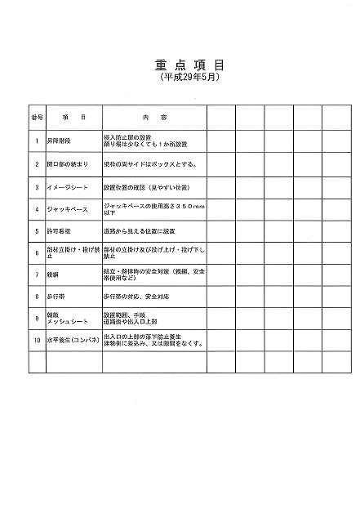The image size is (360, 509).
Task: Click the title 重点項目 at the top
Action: tap(189, 64)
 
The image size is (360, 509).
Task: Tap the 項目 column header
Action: tap(73, 117)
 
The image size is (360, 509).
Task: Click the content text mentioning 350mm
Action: tap(153, 209)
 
